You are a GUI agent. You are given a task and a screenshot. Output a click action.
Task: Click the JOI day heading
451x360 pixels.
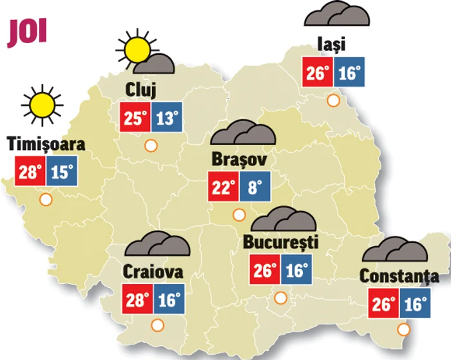click(x=27, y=33)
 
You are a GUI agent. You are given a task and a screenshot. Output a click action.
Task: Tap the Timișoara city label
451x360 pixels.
click(x=46, y=144)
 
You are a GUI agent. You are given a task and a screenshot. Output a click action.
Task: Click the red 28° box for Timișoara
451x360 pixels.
click(x=30, y=171)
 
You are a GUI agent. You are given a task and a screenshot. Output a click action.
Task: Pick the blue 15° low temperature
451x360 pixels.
click(x=62, y=171)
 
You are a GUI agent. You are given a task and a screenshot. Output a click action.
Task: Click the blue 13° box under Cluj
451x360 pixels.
click(x=168, y=118)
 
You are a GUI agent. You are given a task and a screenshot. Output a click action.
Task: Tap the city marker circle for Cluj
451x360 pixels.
click(x=151, y=146)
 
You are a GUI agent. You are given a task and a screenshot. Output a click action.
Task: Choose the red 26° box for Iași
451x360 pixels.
click(x=318, y=73)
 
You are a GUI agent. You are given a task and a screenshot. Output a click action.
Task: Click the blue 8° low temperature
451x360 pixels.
click(x=255, y=188)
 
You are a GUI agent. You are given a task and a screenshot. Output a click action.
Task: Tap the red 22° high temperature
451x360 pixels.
click(x=223, y=188)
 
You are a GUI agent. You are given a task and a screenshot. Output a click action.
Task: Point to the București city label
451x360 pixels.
click(x=282, y=242)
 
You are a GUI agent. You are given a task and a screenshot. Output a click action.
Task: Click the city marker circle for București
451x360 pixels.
click(x=280, y=298)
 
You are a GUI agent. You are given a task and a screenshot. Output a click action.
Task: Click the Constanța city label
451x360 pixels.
click(x=399, y=276)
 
